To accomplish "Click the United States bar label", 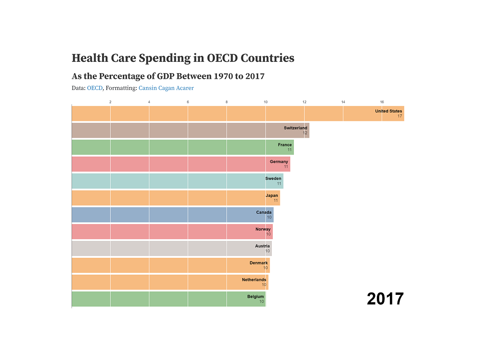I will [388, 111].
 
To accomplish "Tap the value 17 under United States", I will [399, 116].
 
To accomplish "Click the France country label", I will [285, 145].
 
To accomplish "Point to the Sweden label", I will [273, 179].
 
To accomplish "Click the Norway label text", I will [263, 229].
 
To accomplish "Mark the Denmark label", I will [259, 263].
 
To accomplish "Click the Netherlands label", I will [254, 280].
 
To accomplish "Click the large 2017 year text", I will [385, 299].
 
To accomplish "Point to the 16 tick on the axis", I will [382, 102].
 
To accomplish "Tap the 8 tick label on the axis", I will [226, 102].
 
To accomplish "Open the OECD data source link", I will [95, 88].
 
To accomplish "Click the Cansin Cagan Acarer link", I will [166, 88].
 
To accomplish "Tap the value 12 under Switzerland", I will [305, 133].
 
